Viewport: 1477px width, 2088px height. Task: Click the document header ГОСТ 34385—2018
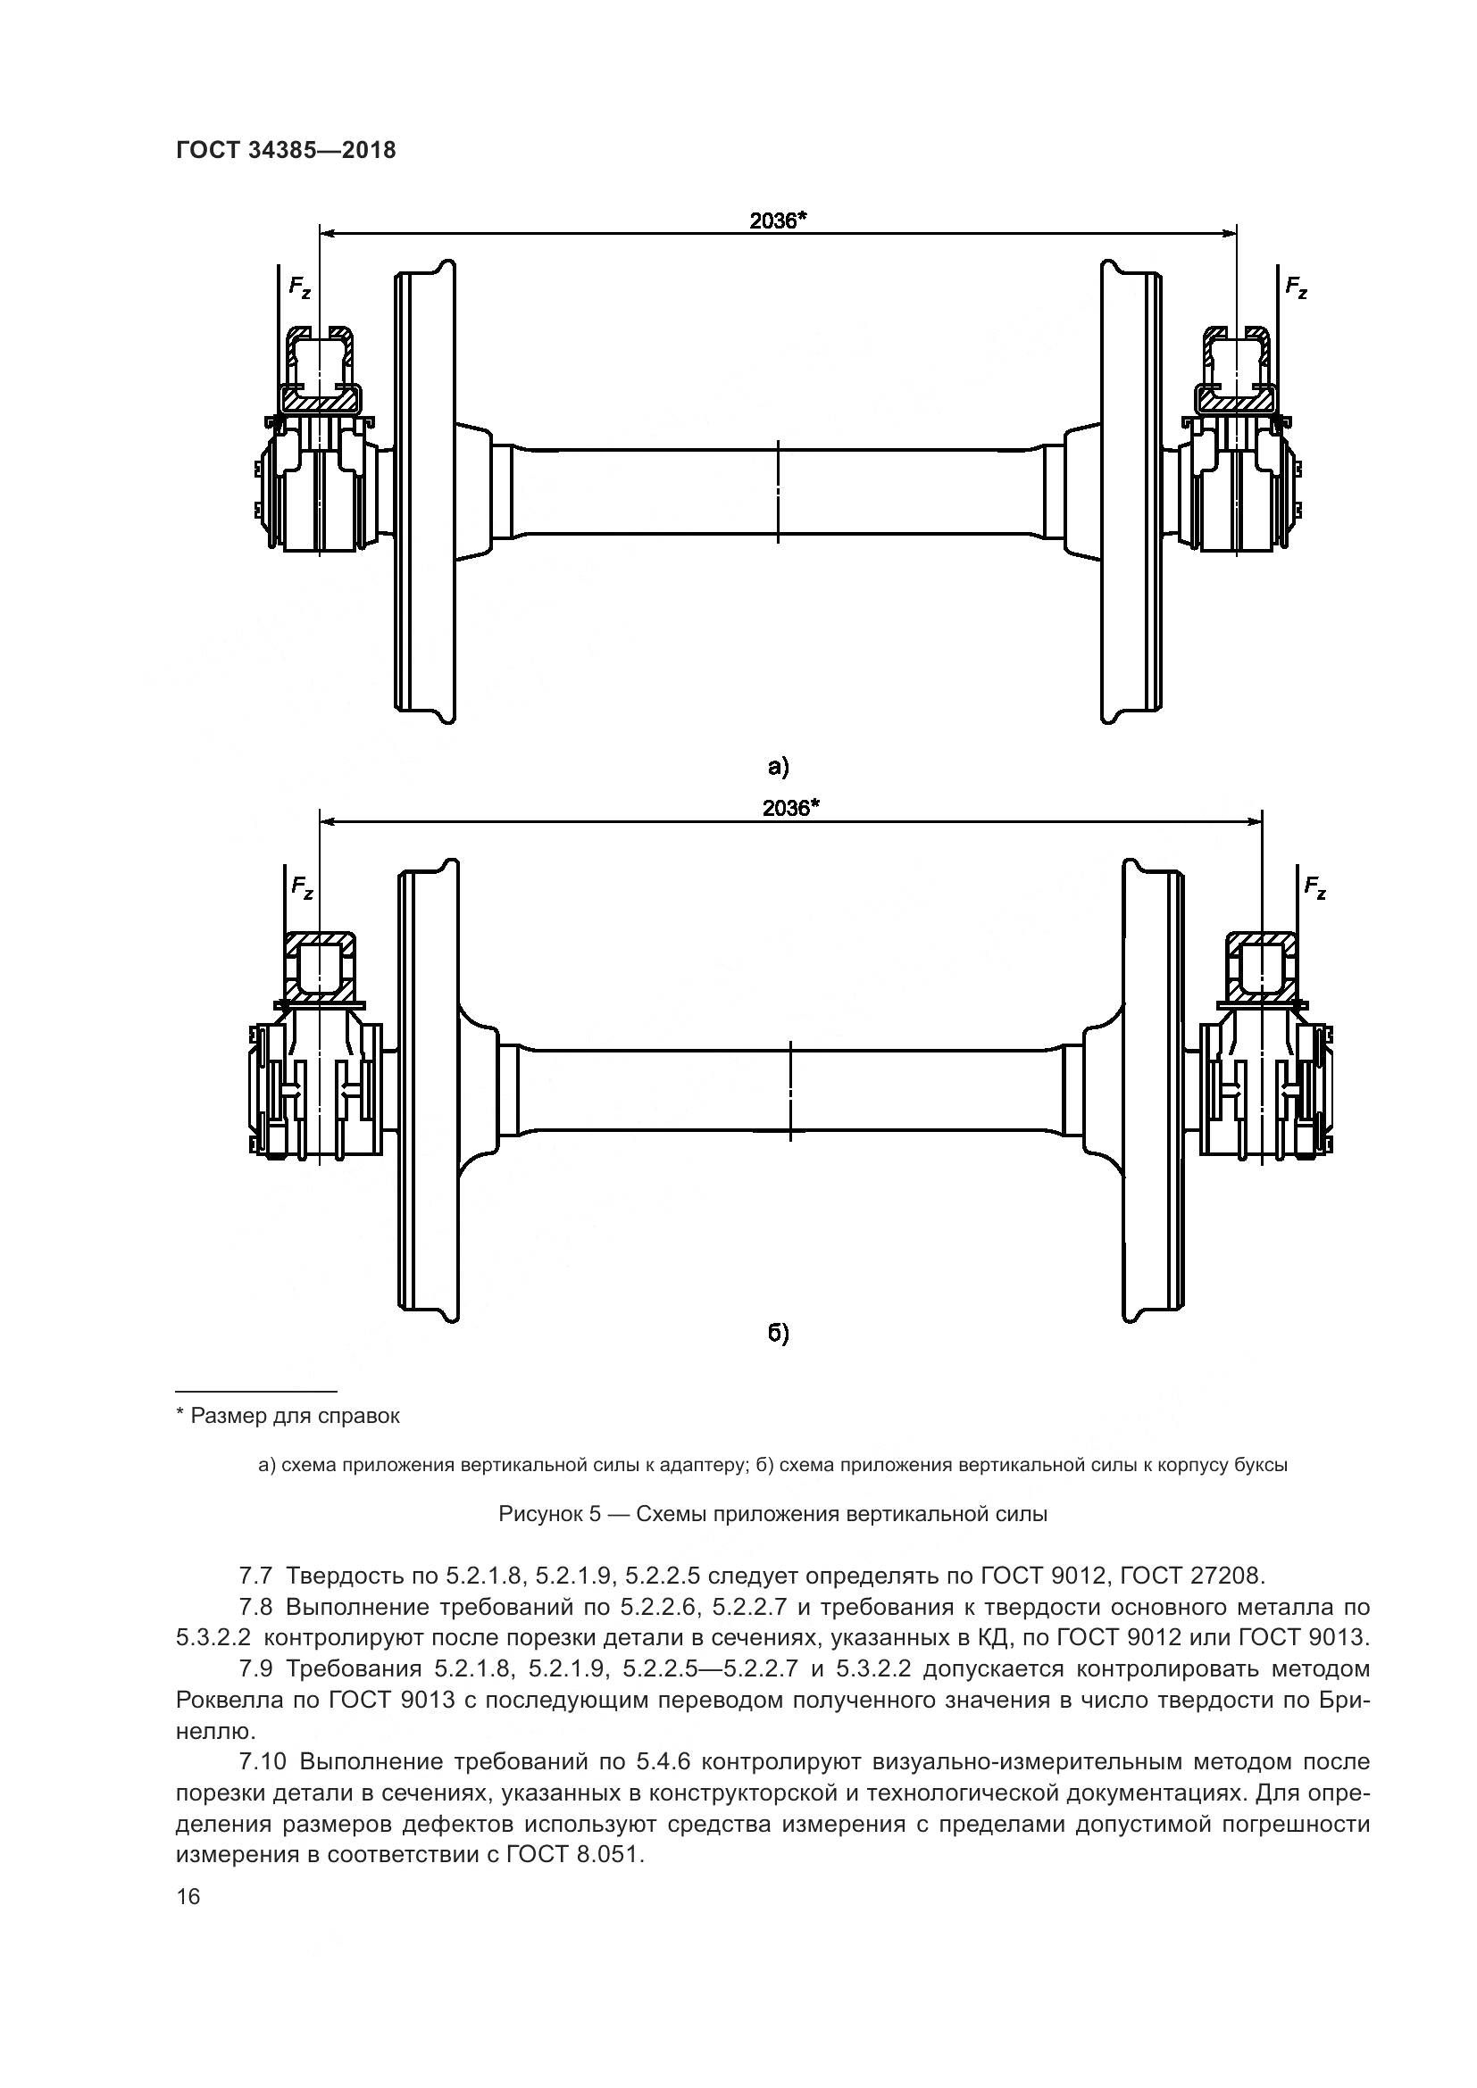tap(286, 150)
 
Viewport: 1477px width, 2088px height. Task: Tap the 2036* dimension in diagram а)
tap(779, 220)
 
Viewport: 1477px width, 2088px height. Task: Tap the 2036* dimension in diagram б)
tap(790, 809)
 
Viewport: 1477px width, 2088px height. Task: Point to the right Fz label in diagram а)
tap(1296, 287)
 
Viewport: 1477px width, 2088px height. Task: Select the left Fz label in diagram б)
tap(302, 886)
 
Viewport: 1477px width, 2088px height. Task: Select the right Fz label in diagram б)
tap(1314, 886)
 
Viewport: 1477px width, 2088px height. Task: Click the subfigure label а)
tap(778, 767)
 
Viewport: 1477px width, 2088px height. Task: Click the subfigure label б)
tap(778, 1333)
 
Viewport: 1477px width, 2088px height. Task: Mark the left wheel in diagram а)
tap(425, 491)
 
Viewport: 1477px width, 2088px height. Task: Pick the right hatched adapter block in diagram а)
tap(1236, 397)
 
